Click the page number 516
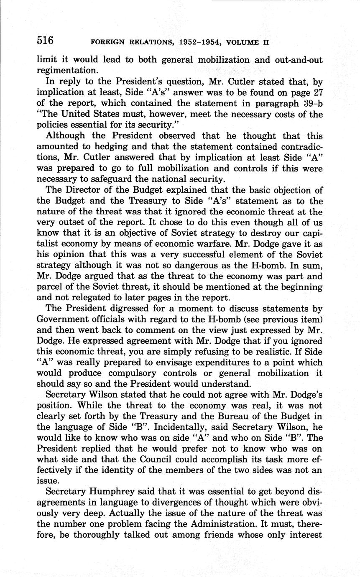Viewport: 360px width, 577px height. click(45, 41)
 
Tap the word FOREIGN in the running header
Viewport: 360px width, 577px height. click(107, 42)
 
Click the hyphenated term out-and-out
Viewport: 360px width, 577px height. click(299, 60)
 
